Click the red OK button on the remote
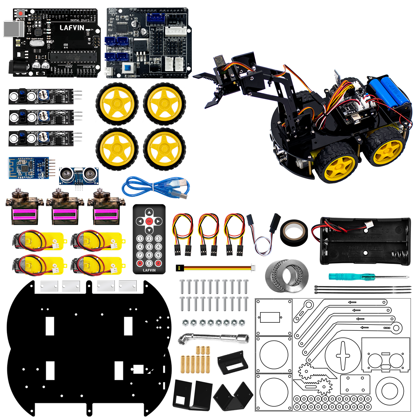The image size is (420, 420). tap(149, 221)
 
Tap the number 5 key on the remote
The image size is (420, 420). tap(149, 247)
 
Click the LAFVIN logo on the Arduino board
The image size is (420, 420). tap(72, 28)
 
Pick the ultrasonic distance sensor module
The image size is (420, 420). tap(79, 175)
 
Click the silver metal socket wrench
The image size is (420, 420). tap(213, 338)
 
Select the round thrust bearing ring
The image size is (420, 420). tap(287, 275)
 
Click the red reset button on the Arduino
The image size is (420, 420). tap(21, 13)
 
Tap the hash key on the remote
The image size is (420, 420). tap(158, 263)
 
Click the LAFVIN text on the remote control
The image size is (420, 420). tap(149, 270)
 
